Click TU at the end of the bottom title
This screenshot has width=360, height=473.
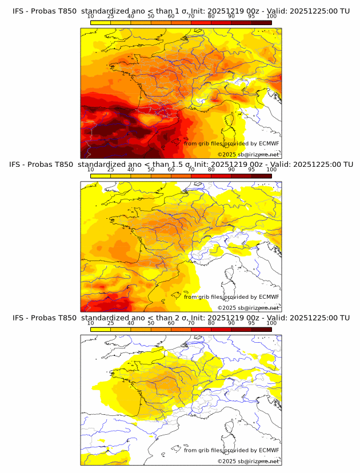(x=345, y=318)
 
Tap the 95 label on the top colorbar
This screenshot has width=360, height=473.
(x=251, y=17)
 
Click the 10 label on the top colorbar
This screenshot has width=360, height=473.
(x=90, y=17)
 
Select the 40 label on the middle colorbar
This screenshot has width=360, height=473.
(x=131, y=170)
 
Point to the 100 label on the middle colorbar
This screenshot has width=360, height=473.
(x=271, y=170)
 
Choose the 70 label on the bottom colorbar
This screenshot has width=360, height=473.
(x=191, y=323)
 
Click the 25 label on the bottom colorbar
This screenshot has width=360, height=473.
(x=110, y=323)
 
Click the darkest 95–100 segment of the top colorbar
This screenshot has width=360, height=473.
(x=261, y=22)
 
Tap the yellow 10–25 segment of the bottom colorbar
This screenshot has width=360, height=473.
(x=101, y=329)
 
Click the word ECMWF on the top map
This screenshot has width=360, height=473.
(x=269, y=143)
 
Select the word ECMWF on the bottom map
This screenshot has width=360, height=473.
(x=269, y=450)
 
